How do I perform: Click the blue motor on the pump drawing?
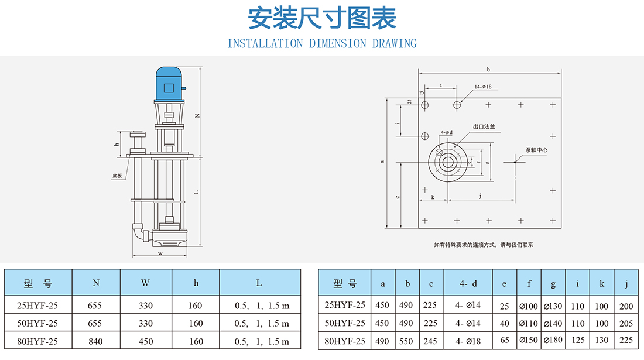169,84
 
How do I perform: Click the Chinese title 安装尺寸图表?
322,18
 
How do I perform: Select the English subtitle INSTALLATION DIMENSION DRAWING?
322,43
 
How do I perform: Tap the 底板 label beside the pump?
117,176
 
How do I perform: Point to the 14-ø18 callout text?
482,87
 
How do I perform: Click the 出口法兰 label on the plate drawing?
484,126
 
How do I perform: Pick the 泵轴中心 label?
536,150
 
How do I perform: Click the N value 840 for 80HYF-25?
95,341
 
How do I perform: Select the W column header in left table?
145,283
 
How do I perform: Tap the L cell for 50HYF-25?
262,324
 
